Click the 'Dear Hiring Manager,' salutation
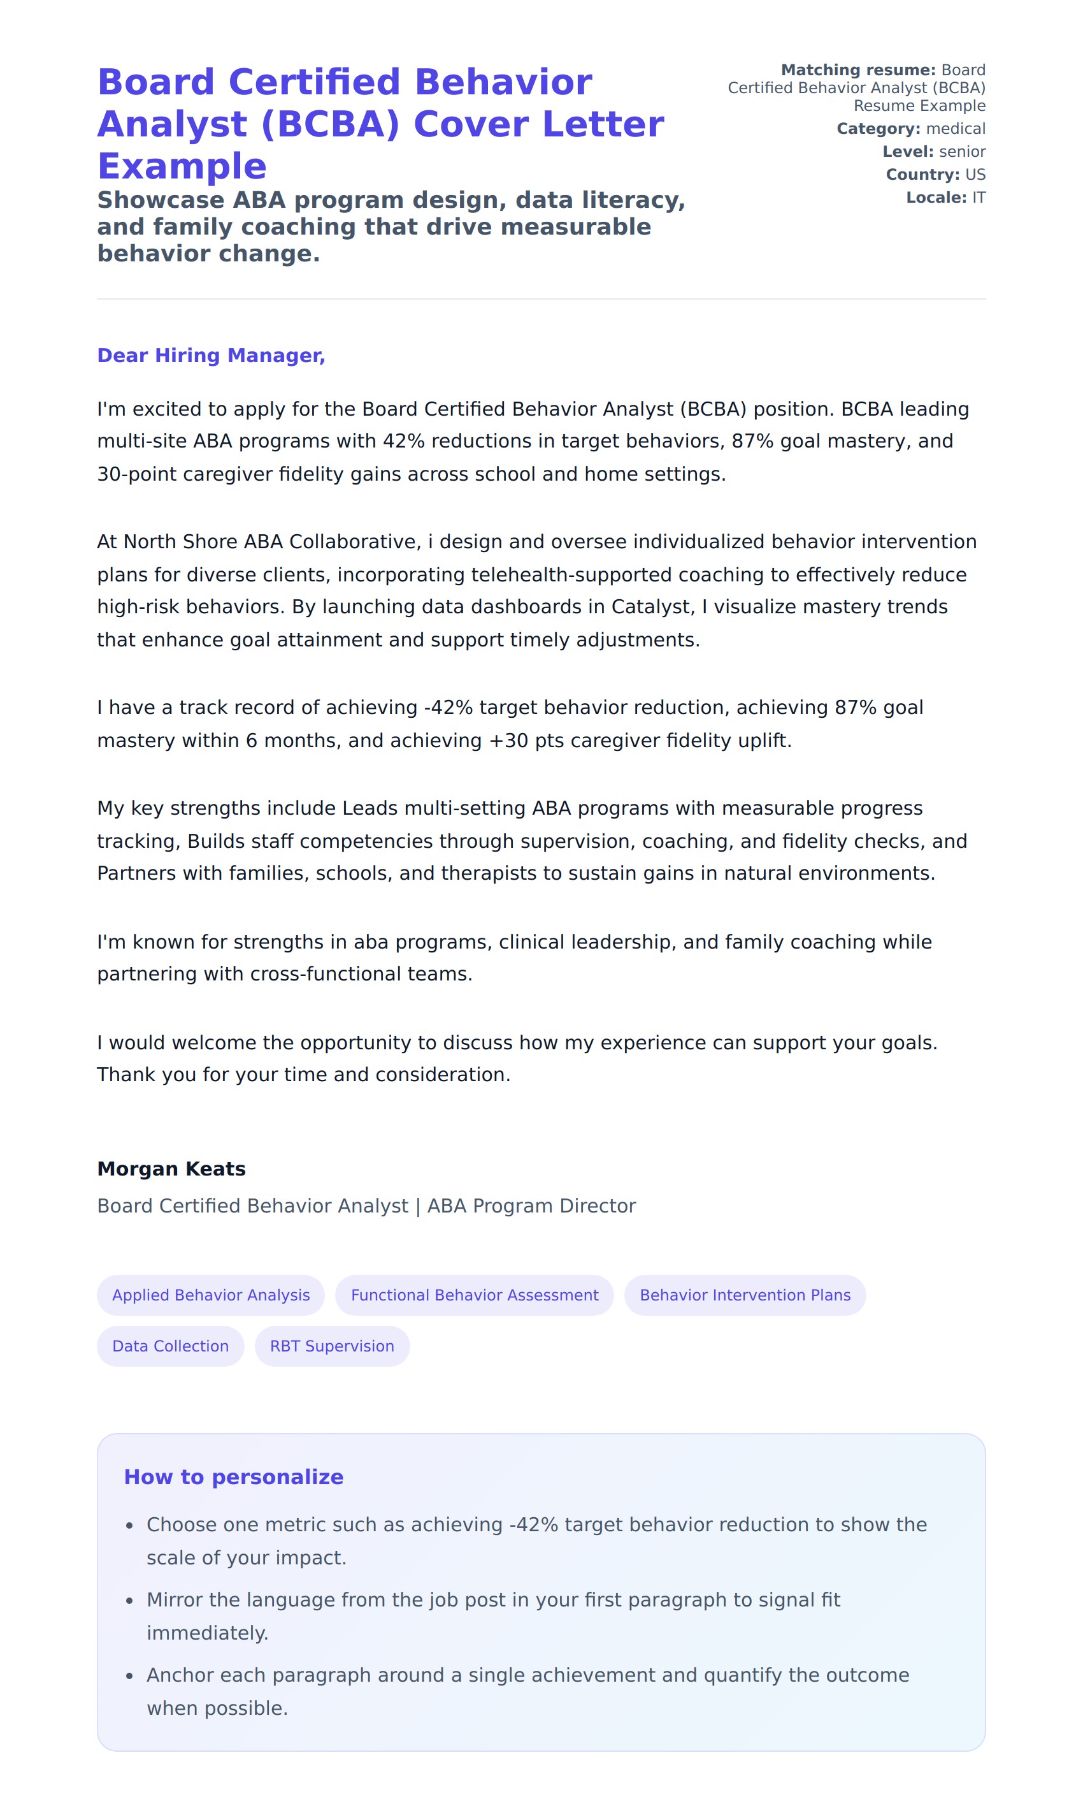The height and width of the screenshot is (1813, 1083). tap(211, 356)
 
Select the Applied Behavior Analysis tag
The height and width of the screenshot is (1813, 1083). tap(211, 1295)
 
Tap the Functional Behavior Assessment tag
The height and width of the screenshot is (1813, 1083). tap(475, 1295)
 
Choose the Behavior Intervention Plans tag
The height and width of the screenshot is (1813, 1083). tap(745, 1295)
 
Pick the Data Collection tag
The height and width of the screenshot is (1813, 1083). tap(170, 1346)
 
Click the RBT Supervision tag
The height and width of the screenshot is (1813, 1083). tap(332, 1346)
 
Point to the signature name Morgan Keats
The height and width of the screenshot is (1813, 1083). tap(171, 1169)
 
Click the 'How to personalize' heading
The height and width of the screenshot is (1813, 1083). tap(234, 1476)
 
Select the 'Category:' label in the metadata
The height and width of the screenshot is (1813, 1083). tap(878, 129)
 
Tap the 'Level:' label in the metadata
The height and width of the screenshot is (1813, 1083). tap(908, 151)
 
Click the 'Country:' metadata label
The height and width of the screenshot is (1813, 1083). tap(922, 175)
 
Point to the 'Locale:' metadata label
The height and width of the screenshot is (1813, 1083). tap(936, 197)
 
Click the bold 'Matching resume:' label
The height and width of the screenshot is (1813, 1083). tap(857, 70)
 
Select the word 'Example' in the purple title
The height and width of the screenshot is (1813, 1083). tap(182, 166)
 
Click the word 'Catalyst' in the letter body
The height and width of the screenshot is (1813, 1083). tap(652, 607)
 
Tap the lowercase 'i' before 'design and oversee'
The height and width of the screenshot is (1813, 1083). tap(430, 542)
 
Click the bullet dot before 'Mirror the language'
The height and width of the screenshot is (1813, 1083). tap(129, 1601)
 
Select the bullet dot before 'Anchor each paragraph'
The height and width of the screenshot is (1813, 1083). tap(129, 1676)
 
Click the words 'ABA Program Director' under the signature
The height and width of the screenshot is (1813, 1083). tap(531, 1205)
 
